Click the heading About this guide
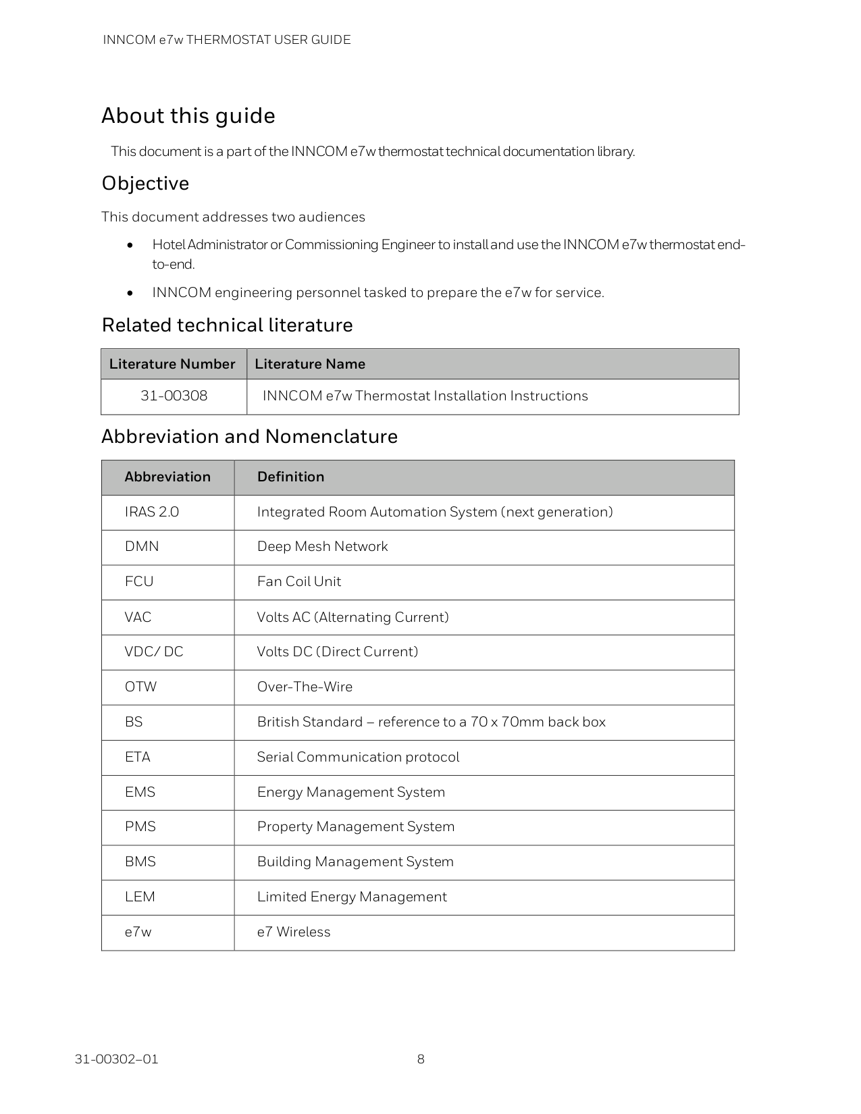click(188, 116)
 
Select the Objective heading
click(145, 184)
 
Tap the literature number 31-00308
click(174, 396)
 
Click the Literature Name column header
click(309, 364)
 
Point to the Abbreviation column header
click(167, 477)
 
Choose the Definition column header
click(290, 477)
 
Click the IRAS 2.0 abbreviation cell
click(151, 512)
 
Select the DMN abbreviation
click(142, 547)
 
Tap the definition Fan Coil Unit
click(298, 582)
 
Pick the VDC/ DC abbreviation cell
click(153, 652)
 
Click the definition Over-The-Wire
click(305, 687)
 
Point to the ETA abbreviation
click(137, 758)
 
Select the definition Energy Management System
click(350, 793)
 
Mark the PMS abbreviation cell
click(140, 827)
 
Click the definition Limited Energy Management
click(351, 897)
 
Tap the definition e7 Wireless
click(293, 932)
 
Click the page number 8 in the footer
click(421, 1059)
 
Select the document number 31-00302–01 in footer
click(116, 1059)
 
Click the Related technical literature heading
click(227, 325)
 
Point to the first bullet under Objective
click(448, 254)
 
